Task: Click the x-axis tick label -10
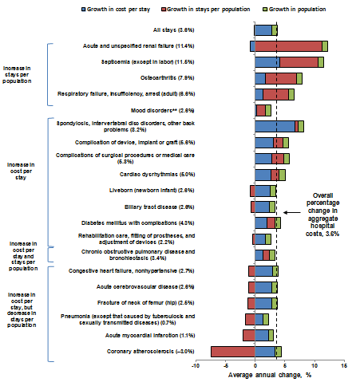(x=195, y=367)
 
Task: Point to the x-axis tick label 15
(x=344, y=367)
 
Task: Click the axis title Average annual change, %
(x=269, y=375)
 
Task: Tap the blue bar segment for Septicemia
(x=267, y=62)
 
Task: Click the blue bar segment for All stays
(x=263, y=30)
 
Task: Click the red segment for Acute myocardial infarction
(x=248, y=335)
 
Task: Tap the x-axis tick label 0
(x=255, y=367)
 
